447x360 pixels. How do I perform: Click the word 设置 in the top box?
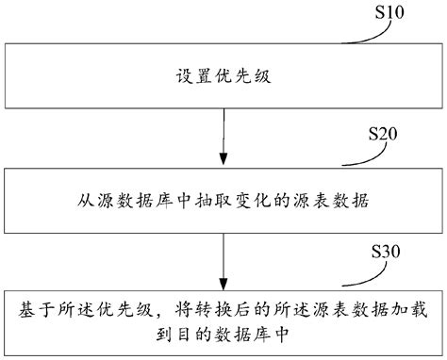coord(190,74)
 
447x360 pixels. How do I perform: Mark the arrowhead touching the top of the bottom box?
coord(223,285)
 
